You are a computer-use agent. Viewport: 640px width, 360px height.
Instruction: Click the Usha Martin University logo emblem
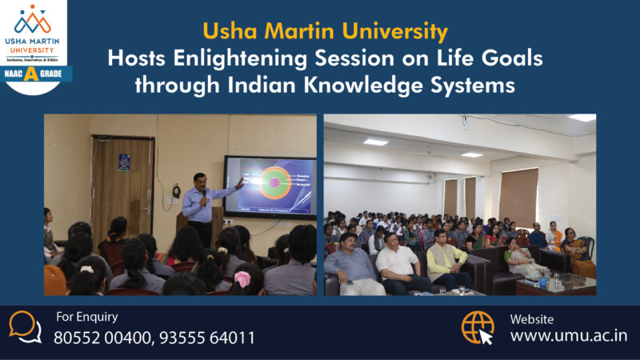[33, 19]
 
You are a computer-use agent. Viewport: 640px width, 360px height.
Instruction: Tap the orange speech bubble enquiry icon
[26, 326]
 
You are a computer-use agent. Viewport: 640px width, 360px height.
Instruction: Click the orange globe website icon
[478, 327]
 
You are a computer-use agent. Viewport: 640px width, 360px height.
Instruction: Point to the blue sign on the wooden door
[124, 162]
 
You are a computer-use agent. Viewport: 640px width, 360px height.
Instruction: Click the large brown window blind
[518, 197]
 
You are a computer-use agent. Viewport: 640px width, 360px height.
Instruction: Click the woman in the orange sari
[577, 254]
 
